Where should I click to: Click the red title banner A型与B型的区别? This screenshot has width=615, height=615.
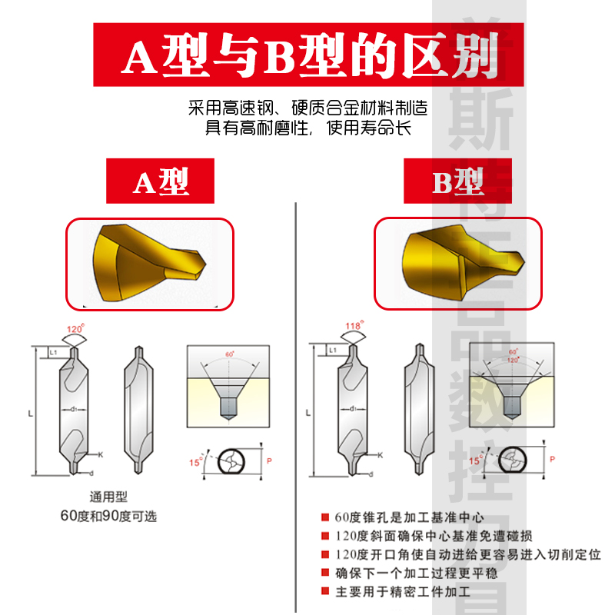click(307, 56)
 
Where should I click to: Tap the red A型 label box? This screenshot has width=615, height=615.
click(161, 181)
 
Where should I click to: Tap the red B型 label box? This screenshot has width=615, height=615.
click(458, 181)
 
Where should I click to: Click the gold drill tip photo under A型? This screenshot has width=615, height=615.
click(150, 263)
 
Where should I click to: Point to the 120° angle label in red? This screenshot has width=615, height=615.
click(75, 329)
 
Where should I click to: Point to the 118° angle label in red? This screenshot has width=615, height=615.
click(353, 326)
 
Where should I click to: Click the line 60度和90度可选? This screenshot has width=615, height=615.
click(108, 516)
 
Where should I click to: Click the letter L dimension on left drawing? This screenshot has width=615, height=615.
click(30, 414)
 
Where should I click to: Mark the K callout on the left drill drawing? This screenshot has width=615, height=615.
click(100, 455)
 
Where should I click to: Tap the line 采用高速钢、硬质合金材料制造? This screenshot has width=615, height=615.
click(307, 108)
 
